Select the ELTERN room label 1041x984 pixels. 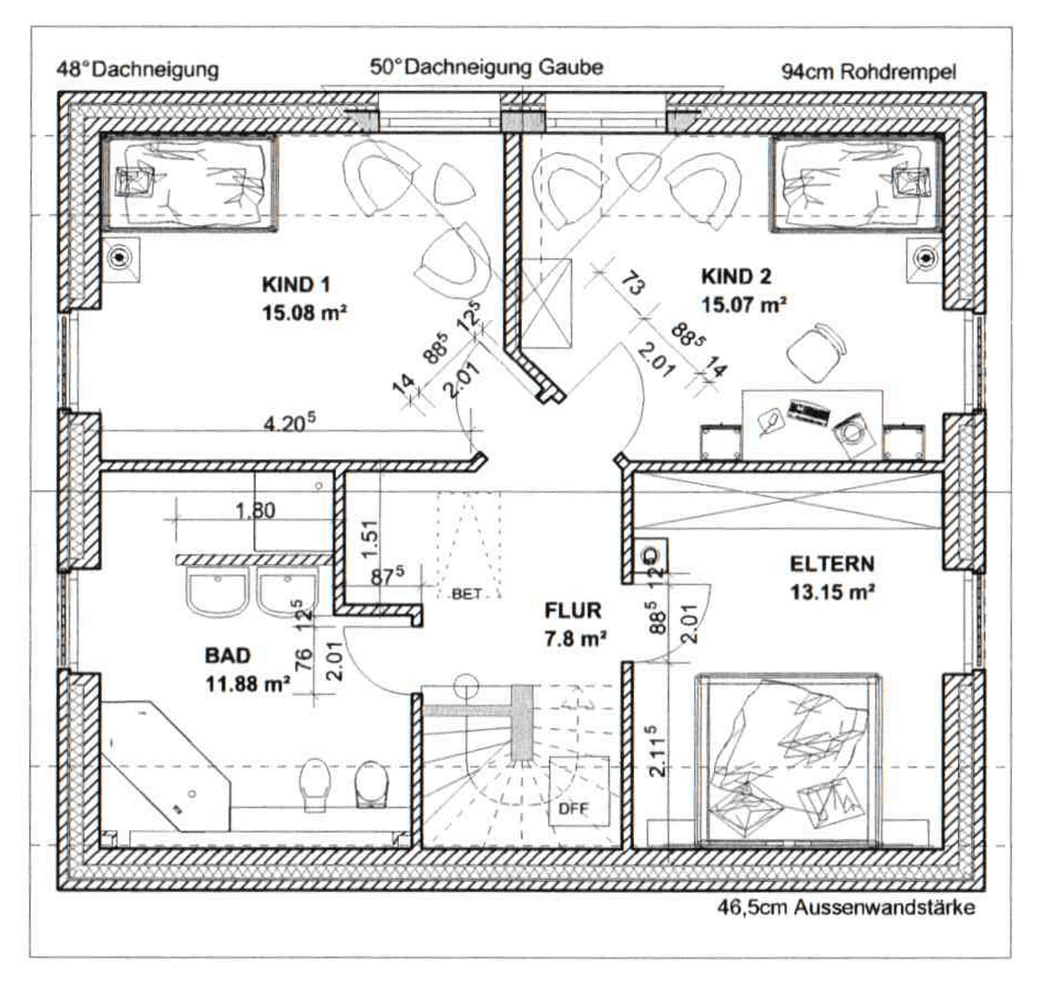click(831, 563)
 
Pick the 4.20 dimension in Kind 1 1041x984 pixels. click(290, 423)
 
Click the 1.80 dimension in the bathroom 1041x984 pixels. click(256, 511)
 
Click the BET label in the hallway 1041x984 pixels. click(465, 594)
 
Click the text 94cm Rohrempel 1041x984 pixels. click(868, 72)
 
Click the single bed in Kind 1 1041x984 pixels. click(189, 181)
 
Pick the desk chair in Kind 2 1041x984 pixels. click(813, 353)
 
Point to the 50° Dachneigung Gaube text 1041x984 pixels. click(485, 67)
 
